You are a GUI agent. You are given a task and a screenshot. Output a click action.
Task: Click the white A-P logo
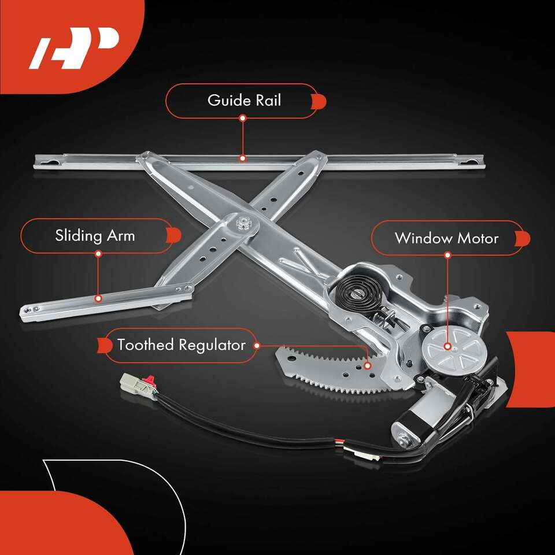click(73, 48)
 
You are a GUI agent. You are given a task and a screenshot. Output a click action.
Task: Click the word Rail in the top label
click(268, 100)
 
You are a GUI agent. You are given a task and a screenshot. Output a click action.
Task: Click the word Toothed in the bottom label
click(146, 345)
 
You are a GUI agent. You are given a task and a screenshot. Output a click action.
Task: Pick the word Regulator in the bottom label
click(212, 346)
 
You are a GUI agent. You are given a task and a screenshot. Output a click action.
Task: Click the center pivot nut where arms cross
click(243, 223)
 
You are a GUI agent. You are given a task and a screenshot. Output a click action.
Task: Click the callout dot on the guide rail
click(242, 158)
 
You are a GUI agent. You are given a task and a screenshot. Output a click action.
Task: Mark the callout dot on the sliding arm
click(98, 298)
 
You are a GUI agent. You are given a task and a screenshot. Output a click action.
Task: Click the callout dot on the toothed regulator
click(368, 365)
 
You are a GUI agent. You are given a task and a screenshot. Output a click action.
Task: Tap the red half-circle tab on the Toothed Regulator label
click(105, 346)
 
